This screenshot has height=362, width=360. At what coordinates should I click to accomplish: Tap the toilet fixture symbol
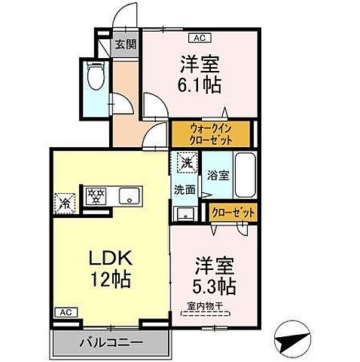[x=96, y=77]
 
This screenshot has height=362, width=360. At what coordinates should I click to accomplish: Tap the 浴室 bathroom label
[x=218, y=174]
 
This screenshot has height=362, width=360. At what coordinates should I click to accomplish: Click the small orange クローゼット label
[x=233, y=213]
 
